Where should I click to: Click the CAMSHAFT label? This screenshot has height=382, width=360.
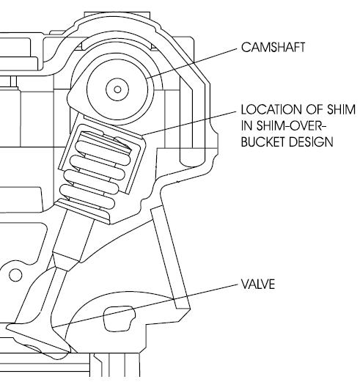click(273, 47)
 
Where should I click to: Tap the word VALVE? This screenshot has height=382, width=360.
click(258, 284)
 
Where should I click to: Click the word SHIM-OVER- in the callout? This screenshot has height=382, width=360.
click(292, 125)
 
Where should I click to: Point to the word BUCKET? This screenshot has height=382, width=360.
click(263, 142)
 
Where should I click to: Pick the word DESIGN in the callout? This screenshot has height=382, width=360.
click(311, 142)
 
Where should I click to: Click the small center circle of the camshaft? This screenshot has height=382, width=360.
click(117, 89)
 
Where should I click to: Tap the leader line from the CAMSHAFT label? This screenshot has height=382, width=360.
click(192, 63)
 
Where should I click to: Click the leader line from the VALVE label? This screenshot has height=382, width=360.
click(144, 306)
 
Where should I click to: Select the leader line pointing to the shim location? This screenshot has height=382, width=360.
click(190, 123)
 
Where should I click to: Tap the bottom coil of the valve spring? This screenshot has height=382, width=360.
click(87, 196)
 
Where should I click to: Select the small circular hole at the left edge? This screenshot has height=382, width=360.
click(15, 275)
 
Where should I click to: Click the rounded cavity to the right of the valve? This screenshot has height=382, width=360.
click(119, 319)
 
